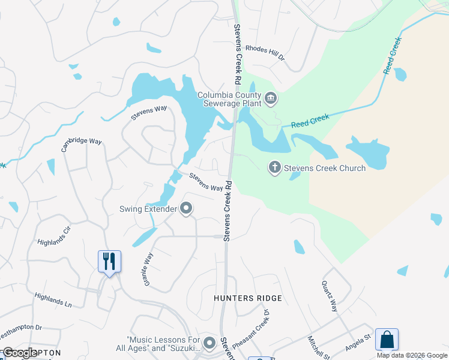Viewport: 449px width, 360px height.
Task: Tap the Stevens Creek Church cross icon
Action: (274, 167)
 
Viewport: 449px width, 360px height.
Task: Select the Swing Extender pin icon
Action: (186, 209)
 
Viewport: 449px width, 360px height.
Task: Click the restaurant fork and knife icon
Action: (109, 262)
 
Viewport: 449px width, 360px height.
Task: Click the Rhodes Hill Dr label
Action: (265, 52)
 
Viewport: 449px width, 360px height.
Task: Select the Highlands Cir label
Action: (55, 235)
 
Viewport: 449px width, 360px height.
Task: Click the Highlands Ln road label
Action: (53, 300)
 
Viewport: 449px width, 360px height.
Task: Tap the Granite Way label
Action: (148, 269)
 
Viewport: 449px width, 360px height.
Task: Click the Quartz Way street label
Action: (330, 296)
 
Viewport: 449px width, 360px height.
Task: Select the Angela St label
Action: (358, 344)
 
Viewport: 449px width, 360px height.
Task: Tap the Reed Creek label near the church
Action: (310, 122)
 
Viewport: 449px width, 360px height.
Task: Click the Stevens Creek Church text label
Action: (325, 168)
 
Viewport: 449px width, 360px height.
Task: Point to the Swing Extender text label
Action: (148, 209)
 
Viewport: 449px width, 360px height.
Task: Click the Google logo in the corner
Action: (20, 353)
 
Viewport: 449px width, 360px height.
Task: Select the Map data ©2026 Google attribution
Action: (412, 355)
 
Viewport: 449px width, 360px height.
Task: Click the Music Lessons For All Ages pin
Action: (209, 343)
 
